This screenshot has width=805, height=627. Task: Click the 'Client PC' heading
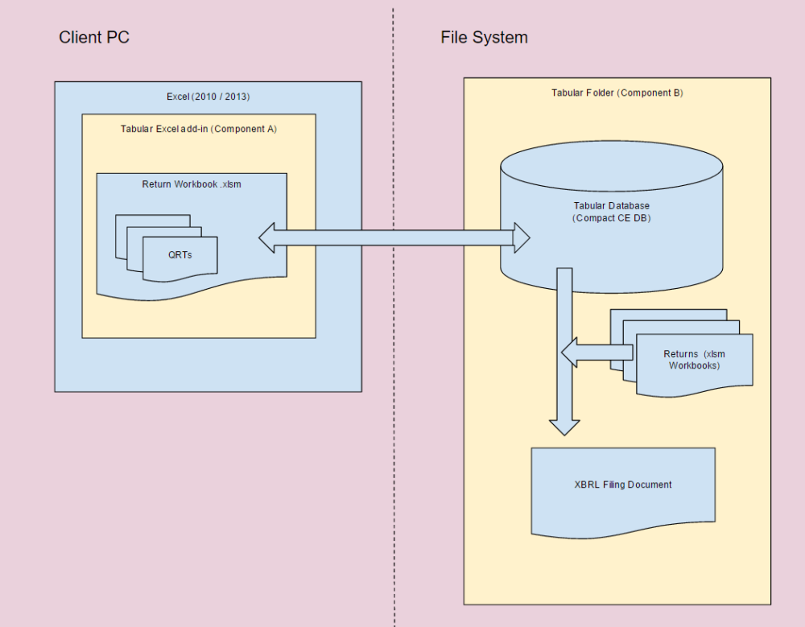click(94, 37)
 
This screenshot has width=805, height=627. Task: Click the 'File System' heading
click(484, 37)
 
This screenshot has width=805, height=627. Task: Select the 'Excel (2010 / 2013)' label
click(208, 97)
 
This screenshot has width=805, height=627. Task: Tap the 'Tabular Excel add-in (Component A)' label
click(199, 129)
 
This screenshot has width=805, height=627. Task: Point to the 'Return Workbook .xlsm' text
click(192, 184)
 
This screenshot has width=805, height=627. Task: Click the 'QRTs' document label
click(180, 254)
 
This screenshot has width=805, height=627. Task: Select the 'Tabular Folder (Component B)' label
click(617, 93)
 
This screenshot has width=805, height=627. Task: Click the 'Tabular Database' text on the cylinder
click(611, 206)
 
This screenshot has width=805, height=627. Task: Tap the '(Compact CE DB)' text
click(611, 218)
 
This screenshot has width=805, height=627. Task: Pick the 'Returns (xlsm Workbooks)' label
click(694, 360)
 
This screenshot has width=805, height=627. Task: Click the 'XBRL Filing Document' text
click(623, 485)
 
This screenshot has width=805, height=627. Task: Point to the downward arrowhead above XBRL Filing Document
click(564, 427)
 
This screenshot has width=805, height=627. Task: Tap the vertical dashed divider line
click(394, 402)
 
